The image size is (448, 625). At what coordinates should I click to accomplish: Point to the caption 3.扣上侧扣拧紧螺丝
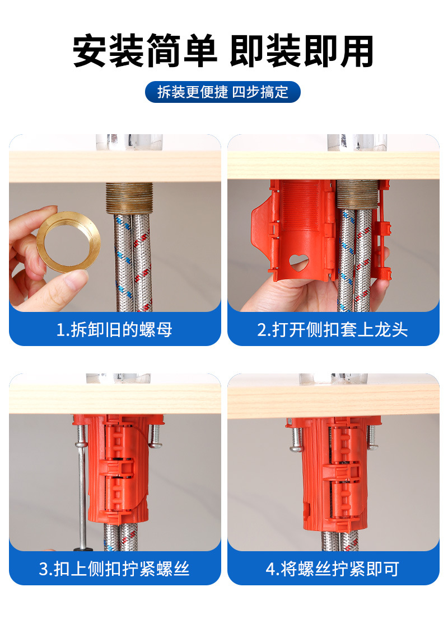114,569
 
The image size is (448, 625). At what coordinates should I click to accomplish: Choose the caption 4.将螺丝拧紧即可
333,569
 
